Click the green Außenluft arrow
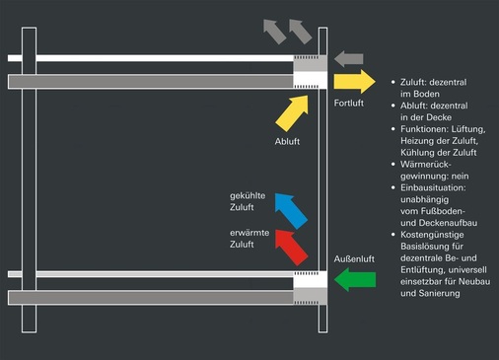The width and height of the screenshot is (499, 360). tap(354, 281)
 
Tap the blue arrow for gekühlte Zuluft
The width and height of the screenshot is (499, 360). tap(291, 210)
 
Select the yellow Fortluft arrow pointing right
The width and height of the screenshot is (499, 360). tap(354, 82)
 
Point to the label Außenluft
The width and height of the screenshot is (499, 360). tap(354, 258)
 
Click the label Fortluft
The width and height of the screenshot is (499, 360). tap(351, 104)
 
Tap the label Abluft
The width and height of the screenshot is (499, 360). tap(287, 142)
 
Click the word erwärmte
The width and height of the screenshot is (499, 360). tap(247, 232)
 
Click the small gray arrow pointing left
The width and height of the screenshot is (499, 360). tap(349, 59)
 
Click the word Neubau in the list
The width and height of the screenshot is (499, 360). tap(468, 282)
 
